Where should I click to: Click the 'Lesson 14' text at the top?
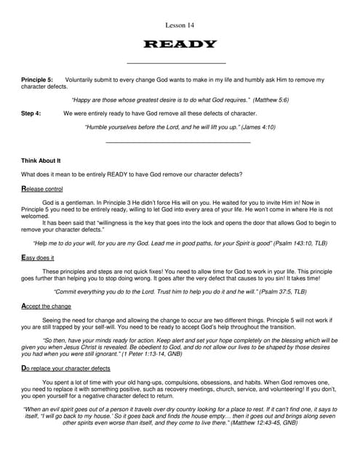point(180,25)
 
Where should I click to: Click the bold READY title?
point(180,44)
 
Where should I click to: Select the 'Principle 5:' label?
point(37,78)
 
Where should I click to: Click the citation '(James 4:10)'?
point(255,127)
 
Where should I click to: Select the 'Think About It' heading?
point(41,160)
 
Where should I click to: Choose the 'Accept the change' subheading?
point(47,306)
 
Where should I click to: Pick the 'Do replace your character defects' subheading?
point(65,368)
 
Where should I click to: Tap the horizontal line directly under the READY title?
point(176,63)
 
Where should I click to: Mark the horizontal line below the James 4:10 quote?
point(179,142)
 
